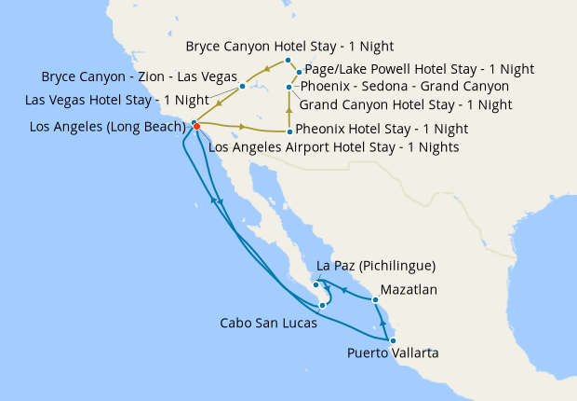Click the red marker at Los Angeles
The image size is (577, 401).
tap(196, 127)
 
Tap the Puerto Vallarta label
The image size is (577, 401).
tap(393, 353)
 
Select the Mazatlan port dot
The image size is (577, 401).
tap(375, 299)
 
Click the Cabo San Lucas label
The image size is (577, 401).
tap(268, 324)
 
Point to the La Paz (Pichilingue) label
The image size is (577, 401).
tap(376, 266)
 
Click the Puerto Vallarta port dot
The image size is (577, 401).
tap(393, 340)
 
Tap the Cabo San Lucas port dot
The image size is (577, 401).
tap(322, 305)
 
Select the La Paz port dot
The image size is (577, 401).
tap(316, 284)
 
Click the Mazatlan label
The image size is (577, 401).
tap(409, 290)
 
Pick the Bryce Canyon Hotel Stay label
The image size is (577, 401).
tap(289, 46)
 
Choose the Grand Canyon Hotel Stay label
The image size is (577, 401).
tap(406, 104)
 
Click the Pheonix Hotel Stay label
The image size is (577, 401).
tap(382, 130)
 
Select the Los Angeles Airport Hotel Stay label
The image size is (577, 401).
tap(334, 146)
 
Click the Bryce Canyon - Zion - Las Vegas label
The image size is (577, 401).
tap(139, 76)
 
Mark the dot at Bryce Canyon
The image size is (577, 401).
tap(288, 60)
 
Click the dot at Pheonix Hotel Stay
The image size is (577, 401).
tap(289, 131)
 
